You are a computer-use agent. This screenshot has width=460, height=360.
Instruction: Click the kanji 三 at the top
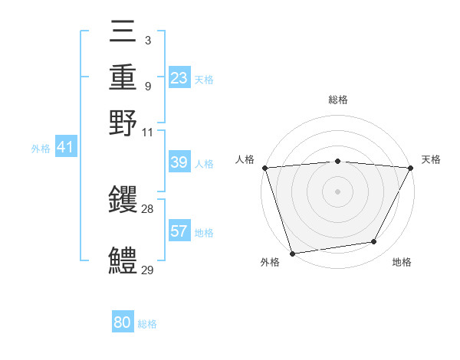(x=123, y=32)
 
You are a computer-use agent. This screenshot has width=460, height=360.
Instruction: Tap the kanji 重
(x=123, y=77)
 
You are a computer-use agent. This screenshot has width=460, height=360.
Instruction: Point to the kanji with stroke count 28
(x=123, y=201)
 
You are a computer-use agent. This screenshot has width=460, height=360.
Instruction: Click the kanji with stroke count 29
(x=123, y=260)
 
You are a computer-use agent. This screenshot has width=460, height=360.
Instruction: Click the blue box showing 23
(x=179, y=78)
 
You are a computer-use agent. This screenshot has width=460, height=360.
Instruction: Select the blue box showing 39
(x=179, y=162)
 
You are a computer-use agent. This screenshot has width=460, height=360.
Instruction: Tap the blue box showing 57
(x=179, y=231)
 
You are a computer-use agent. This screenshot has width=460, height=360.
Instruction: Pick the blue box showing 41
(x=65, y=147)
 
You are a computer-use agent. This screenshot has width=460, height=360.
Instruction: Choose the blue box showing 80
(x=123, y=322)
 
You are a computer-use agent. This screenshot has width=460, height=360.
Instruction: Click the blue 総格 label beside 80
(x=147, y=324)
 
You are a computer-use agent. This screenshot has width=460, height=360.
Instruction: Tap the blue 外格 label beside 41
(x=40, y=149)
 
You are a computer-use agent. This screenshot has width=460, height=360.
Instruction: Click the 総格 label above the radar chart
(x=338, y=100)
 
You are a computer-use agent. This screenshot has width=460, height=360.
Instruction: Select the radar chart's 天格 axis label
(x=431, y=159)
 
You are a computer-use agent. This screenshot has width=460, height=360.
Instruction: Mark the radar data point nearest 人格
(x=264, y=168)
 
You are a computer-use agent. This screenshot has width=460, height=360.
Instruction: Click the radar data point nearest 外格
(x=293, y=254)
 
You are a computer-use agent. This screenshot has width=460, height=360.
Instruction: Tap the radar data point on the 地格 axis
(x=374, y=242)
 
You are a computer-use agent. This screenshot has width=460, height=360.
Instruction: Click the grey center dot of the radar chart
(x=338, y=191)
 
